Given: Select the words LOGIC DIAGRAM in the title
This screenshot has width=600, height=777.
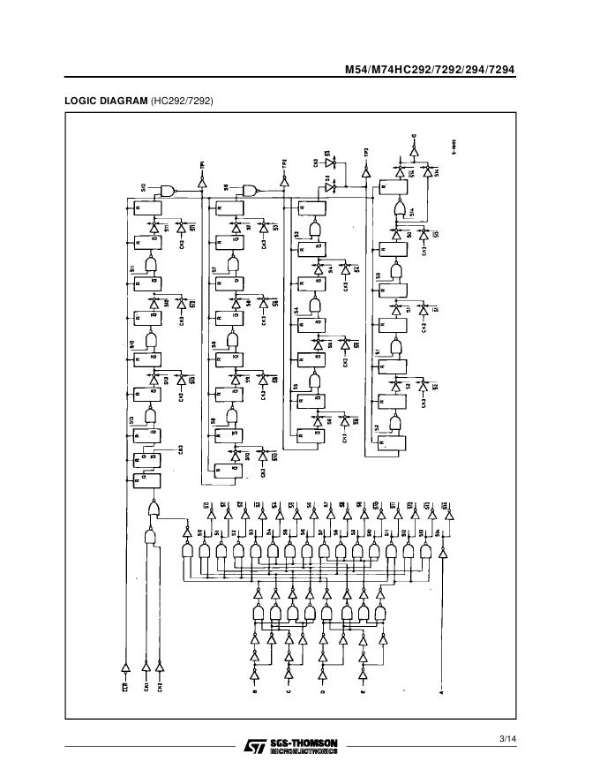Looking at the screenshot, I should (x=106, y=101).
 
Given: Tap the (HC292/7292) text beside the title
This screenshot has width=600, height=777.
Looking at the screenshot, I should (x=182, y=101).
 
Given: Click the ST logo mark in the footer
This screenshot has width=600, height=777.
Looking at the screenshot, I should (x=254, y=747).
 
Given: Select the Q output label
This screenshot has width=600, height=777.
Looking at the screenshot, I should (x=414, y=137).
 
